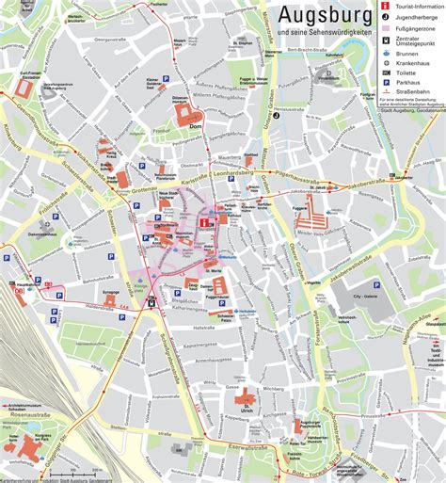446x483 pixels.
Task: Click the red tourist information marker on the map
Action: [x=203, y=221]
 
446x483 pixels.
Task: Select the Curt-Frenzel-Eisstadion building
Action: [x=24, y=89]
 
